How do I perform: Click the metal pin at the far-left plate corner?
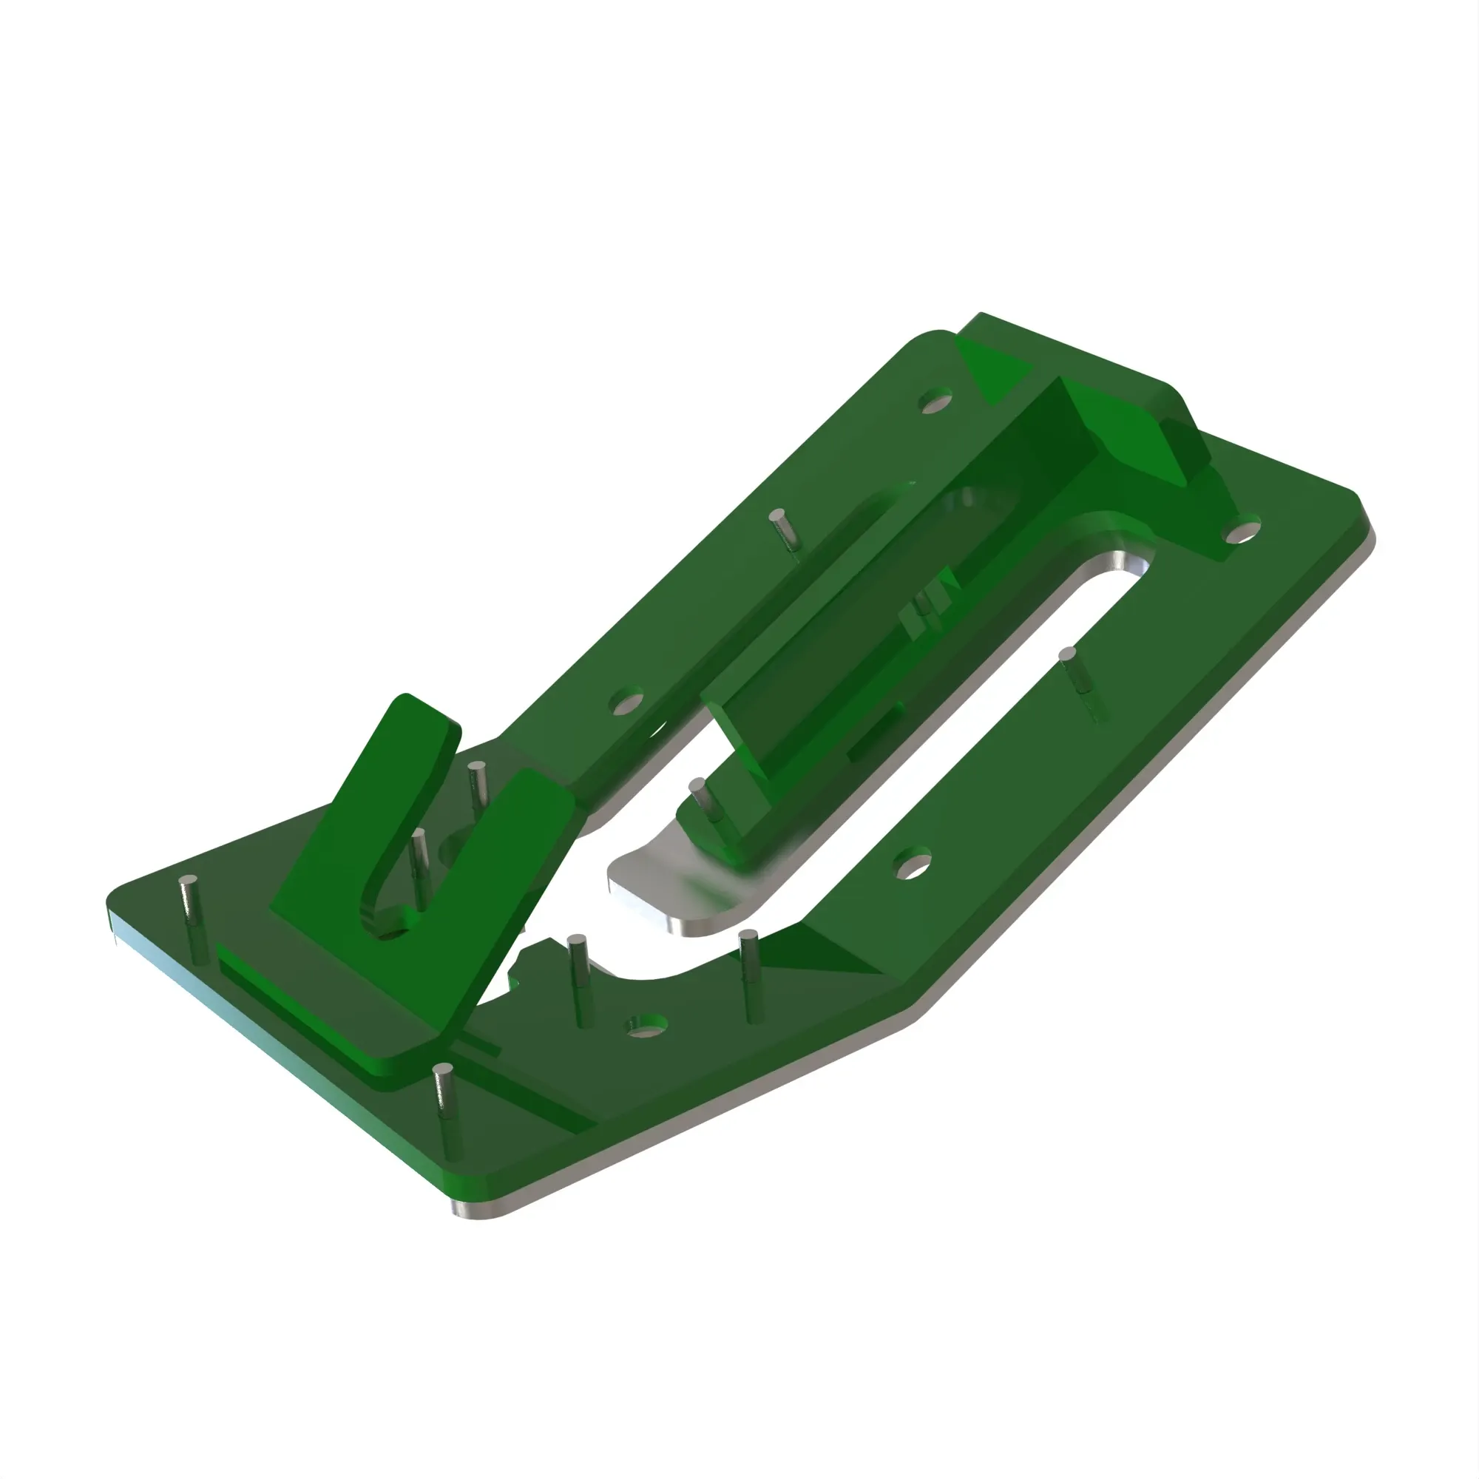pyautogui.click(x=190, y=916)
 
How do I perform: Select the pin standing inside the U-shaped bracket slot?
pyautogui.click(x=419, y=864)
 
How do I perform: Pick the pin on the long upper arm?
pyautogui.click(x=782, y=529)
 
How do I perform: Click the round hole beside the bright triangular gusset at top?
pyautogui.click(x=935, y=401)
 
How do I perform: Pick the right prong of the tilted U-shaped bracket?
pyautogui.click(x=490, y=880)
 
